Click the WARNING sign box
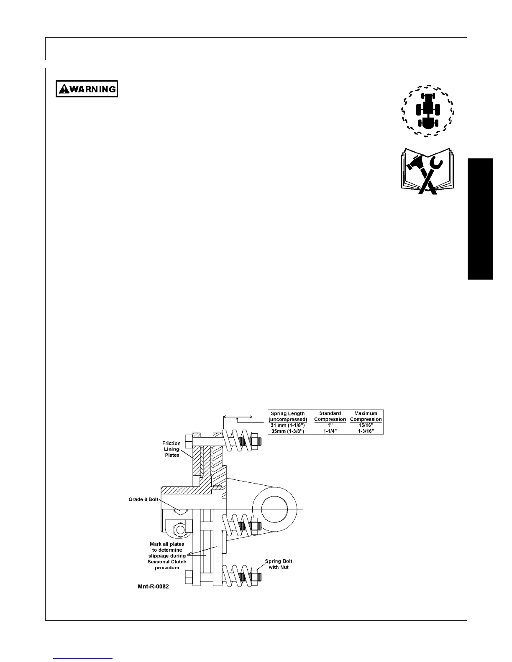87,89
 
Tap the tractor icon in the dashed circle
428,111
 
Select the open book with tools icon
428,171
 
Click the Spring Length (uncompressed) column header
287,416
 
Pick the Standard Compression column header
330,416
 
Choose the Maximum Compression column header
366,416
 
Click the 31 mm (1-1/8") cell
287,425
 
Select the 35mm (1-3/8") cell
287,431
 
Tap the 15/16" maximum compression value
366,425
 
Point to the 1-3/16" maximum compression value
366,431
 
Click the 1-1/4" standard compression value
330,431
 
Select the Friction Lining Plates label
172,449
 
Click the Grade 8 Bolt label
143,499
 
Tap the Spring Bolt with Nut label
279,564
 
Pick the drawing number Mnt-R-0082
153,586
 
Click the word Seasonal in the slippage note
158,562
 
